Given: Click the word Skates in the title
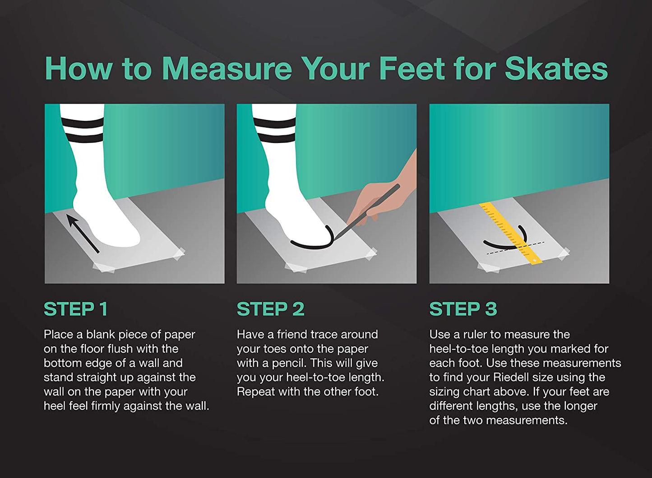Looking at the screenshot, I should [556, 69].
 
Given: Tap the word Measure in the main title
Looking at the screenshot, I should [227, 69].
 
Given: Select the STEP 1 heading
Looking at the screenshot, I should [76, 309].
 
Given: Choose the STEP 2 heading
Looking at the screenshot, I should [270, 309].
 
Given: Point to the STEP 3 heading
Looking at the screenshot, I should [463, 309].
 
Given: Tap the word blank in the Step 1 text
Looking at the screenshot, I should [101, 335].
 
